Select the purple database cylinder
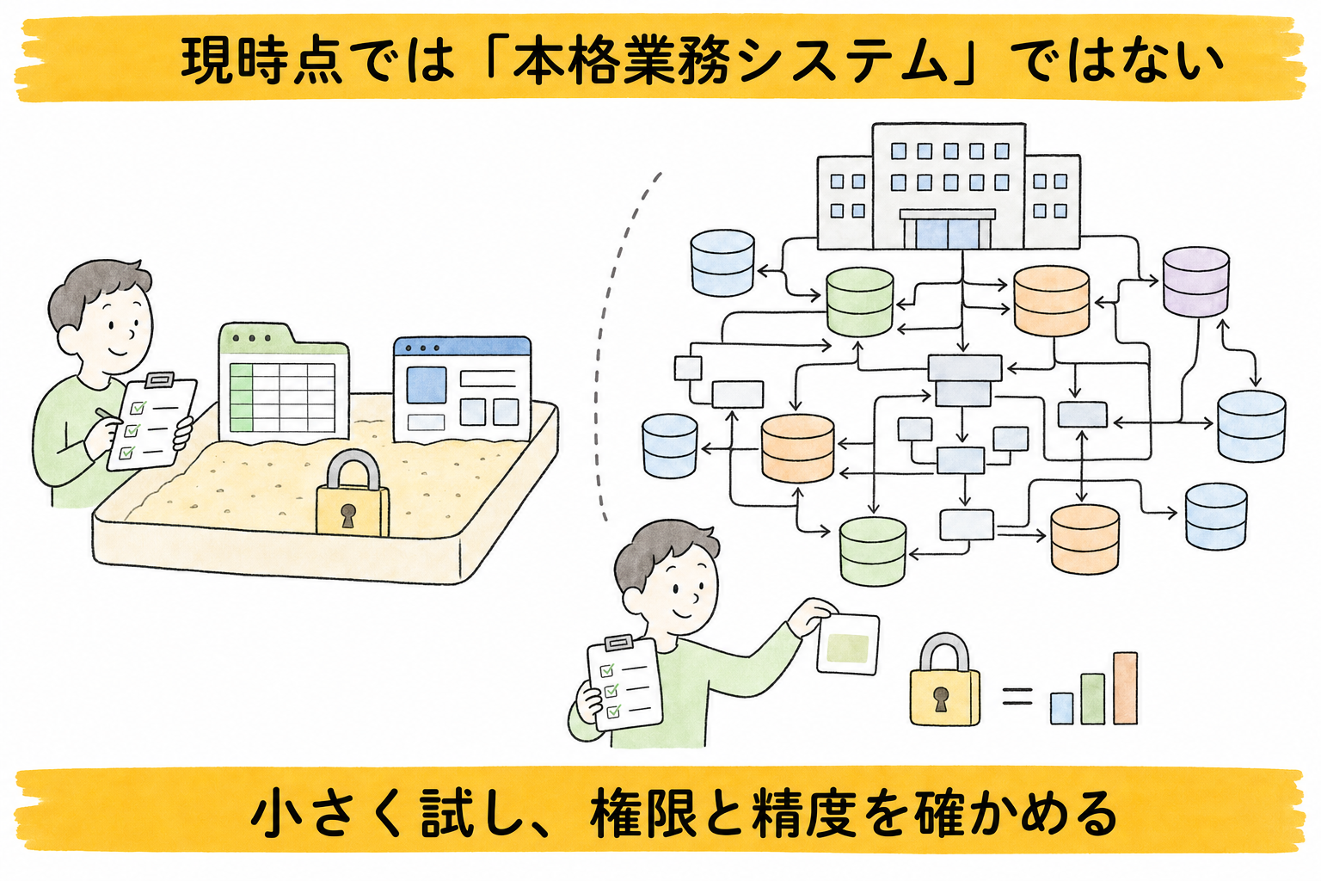point(1196,281)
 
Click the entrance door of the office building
point(948,233)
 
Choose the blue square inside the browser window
point(427,385)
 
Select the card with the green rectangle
point(848,644)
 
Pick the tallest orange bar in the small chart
point(1125,688)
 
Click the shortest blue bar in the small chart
point(1061,708)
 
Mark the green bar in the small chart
point(1093,699)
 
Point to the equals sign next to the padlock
point(1018,696)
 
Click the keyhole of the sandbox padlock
point(348,515)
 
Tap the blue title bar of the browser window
point(462,347)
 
